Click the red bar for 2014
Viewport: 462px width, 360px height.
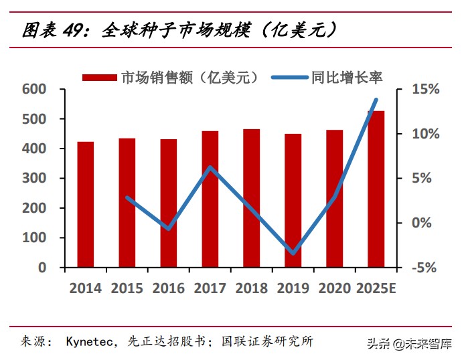pyautogui.click(x=86, y=204)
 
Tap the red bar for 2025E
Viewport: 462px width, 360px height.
pyautogui.click(x=376, y=189)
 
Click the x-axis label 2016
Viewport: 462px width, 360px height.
pyautogui.click(x=169, y=288)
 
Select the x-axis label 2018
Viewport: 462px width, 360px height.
pyautogui.click(x=252, y=288)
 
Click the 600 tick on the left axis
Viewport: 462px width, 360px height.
pyautogui.click(x=33, y=90)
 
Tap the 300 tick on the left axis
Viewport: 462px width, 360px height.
pyautogui.click(x=33, y=179)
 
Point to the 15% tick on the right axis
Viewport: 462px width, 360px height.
pyautogui.click(x=425, y=90)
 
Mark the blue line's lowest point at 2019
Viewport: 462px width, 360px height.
pyautogui.click(x=293, y=253)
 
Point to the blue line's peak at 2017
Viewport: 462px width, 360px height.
pyautogui.click(x=210, y=167)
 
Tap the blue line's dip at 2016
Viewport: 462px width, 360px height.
pyautogui.click(x=169, y=229)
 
